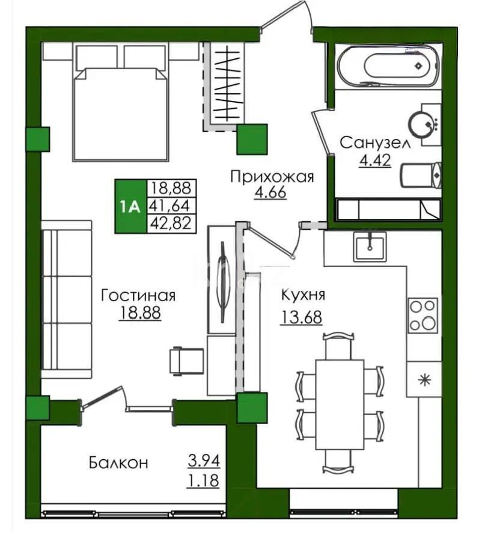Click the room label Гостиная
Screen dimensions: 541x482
[138, 296]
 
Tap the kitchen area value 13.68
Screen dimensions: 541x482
[301, 316]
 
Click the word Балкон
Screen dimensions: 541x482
[118, 463]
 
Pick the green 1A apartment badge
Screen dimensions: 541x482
[130, 206]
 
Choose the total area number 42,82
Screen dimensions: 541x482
[169, 224]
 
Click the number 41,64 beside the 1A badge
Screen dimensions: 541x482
[169, 206]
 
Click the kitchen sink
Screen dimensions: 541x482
[369, 246]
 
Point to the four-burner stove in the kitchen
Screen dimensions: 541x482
[423, 314]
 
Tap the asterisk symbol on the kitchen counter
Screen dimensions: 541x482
[424, 379]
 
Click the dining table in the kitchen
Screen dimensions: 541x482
[340, 404]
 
